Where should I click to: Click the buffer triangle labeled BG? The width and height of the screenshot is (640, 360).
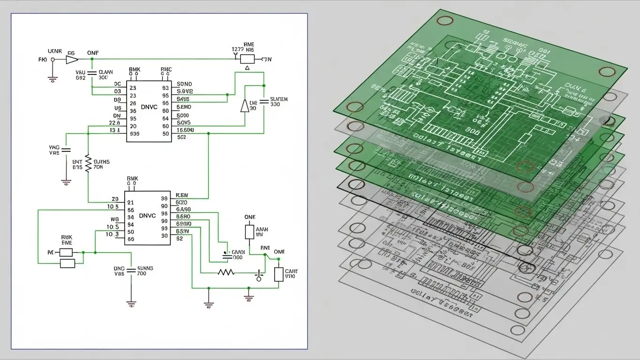(71, 60)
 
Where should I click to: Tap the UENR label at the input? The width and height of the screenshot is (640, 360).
(55, 51)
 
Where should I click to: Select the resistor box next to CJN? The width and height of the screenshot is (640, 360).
(247, 59)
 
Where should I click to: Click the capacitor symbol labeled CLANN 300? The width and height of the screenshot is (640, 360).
(92, 73)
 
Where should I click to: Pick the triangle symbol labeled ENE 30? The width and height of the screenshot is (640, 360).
(244, 106)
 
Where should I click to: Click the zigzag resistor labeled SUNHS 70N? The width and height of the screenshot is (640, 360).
(88, 164)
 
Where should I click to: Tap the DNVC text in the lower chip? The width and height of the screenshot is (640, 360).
(147, 216)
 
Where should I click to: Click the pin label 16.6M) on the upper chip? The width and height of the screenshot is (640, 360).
(185, 130)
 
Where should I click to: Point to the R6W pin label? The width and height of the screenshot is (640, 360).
(181, 195)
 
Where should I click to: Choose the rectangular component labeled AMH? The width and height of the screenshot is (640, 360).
(249, 232)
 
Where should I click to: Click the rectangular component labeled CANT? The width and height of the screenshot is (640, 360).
(279, 274)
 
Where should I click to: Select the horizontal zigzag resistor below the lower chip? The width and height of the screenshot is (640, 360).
(226, 272)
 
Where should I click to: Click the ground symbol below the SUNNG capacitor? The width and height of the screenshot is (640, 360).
(132, 304)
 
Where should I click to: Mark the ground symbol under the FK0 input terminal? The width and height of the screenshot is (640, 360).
(53, 79)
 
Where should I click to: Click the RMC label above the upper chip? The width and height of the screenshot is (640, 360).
(166, 69)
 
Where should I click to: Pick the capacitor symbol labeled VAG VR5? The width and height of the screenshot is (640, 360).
(66, 150)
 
